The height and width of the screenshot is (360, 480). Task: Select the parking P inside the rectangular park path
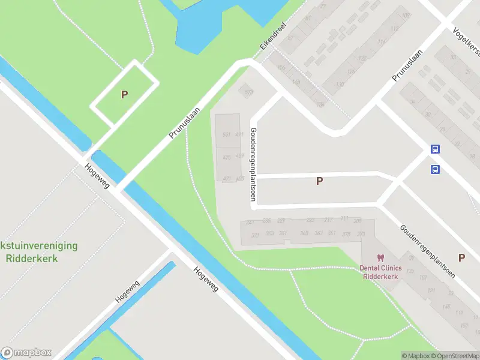[124, 94]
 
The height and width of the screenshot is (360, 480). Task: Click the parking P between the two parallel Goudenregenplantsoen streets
[319, 181]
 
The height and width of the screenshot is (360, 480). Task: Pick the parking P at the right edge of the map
[461, 257]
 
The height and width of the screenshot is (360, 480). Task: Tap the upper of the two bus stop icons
[435, 149]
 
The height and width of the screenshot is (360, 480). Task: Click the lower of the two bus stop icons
[435, 169]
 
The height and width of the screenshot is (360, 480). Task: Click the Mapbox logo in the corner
[26, 353]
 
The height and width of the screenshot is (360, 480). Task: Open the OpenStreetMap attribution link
[454, 356]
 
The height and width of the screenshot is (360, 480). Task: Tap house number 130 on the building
[340, 85]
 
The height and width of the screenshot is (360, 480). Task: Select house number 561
[226, 134]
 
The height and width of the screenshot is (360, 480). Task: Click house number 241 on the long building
[250, 222]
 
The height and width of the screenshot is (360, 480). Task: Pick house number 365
[304, 233]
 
